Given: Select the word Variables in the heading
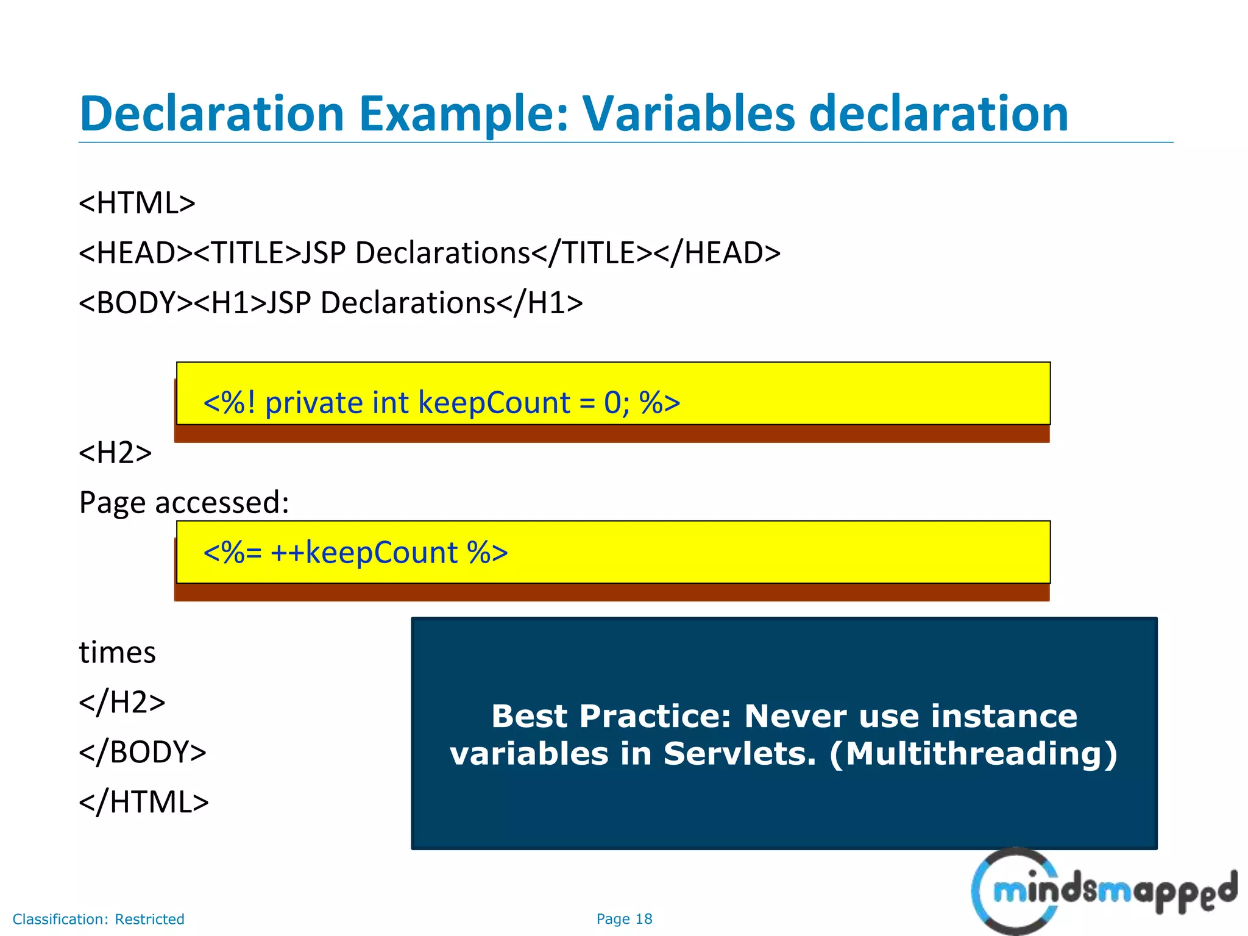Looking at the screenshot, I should pyautogui.click(x=689, y=113).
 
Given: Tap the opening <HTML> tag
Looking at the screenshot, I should pyautogui.click(x=137, y=203).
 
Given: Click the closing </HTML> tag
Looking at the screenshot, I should pyautogui.click(x=144, y=802).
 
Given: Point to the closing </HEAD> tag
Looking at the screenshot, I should pyautogui.click(x=717, y=253).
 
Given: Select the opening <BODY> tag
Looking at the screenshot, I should pyautogui.click(x=136, y=303).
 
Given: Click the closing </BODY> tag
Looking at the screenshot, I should pyautogui.click(x=143, y=752).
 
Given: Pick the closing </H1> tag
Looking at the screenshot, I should pyautogui.click(x=540, y=303).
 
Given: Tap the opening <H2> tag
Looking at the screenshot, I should pyautogui.click(x=115, y=453).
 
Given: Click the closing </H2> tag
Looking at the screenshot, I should pyautogui.click(x=122, y=702).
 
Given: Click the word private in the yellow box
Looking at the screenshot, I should pyautogui.click(x=314, y=403).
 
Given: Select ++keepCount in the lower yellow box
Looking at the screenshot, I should pyautogui.click(x=364, y=553).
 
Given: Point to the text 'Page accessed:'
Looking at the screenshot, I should pyautogui.click(x=184, y=503).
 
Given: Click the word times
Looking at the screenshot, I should pyautogui.click(x=117, y=653).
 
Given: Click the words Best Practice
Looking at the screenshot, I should pyautogui.click(x=611, y=716).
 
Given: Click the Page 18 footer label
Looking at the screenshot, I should pyautogui.click(x=624, y=919).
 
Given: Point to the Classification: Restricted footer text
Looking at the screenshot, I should pyautogui.click(x=98, y=919).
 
